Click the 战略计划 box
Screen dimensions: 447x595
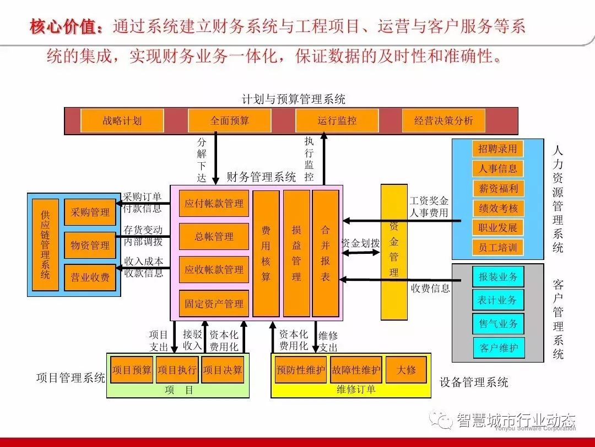pos(122,121)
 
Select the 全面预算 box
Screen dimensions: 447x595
pos(229,121)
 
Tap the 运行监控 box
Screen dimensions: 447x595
pos(337,121)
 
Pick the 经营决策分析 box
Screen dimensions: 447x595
pos(443,121)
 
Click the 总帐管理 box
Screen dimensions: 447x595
pos(214,237)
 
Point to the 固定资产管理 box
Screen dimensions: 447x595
pos(214,304)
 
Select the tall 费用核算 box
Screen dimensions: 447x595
pos(266,253)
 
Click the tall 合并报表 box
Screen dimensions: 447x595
pos(326,253)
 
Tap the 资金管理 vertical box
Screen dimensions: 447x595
pos(394,252)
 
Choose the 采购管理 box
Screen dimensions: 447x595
pos(90,212)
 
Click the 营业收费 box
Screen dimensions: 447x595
pos(90,278)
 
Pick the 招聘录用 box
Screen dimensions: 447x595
pos(497,148)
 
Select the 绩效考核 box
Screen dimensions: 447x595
pos(497,208)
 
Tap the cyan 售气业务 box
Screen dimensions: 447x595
pos(497,323)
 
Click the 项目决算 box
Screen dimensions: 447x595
pos(223,370)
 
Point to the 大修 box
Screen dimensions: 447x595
pos(407,370)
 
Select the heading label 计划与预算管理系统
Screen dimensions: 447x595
pos(294,99)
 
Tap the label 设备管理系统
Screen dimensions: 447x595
pos(474,382)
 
